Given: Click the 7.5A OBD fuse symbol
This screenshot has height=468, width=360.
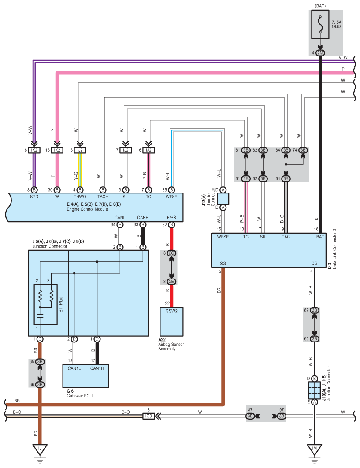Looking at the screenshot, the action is pyautogui.click(x=320, y=25).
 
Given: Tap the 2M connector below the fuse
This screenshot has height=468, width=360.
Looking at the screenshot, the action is pyautogui.click(x=320, y=53).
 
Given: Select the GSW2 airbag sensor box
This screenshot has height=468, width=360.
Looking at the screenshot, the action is pyautogui.click(x=171, y=321).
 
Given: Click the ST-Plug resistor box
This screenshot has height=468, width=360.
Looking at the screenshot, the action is pyautogui.click(x=46, y=305).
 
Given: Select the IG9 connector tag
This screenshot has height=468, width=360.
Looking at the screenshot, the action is pyautogui.click(x=148, y=416).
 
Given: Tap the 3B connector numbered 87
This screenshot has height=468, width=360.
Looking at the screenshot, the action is pyautogui.click(x=250, y=416).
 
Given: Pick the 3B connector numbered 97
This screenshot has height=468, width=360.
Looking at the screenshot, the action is pyautogui.click(x=282, y=416).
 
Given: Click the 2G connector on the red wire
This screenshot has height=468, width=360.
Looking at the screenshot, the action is pyautogui.click(x=171, y=253).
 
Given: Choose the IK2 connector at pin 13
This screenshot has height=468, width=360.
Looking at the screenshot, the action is pyautogui.click(x=57, y=150).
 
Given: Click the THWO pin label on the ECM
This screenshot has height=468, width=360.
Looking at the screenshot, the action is pyautogui.click(x=80, y=197).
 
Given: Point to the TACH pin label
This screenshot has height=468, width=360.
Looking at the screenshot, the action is pyautogui.click(x=103, y=197).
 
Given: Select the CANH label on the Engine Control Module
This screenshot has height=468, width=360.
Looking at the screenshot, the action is pyautogui.click(x=143, y=218).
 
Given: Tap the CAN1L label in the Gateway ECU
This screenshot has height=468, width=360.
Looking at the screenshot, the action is pyautogui.click(x=74, y=368).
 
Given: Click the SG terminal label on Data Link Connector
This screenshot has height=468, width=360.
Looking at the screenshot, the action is pyautogui.click(x=223, y=264).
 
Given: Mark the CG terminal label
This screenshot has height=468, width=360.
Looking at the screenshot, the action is pyautogui.click(x=314, y=264).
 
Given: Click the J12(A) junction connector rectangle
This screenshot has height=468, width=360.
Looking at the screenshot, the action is pyautogui.click(x=223, y=198).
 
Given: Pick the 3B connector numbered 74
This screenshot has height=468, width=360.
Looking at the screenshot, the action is pyautogui.click(x=303, y=150).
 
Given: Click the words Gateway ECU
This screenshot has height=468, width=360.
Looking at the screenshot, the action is pyautogui.click(x=79, y=396).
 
